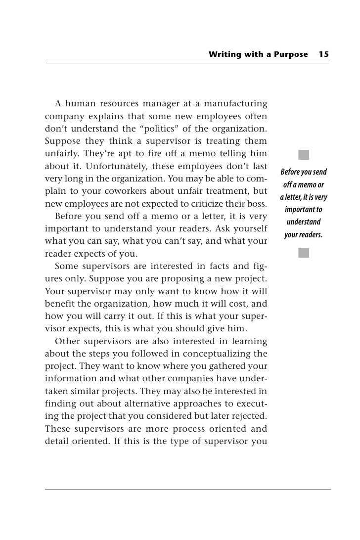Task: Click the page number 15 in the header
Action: click(324, 54)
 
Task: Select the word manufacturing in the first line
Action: click(236, 104)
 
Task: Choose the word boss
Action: click(258, 203)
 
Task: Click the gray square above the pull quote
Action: click(304, 154)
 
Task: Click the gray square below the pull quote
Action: click(304, 253)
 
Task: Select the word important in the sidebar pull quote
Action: click(304, 210)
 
